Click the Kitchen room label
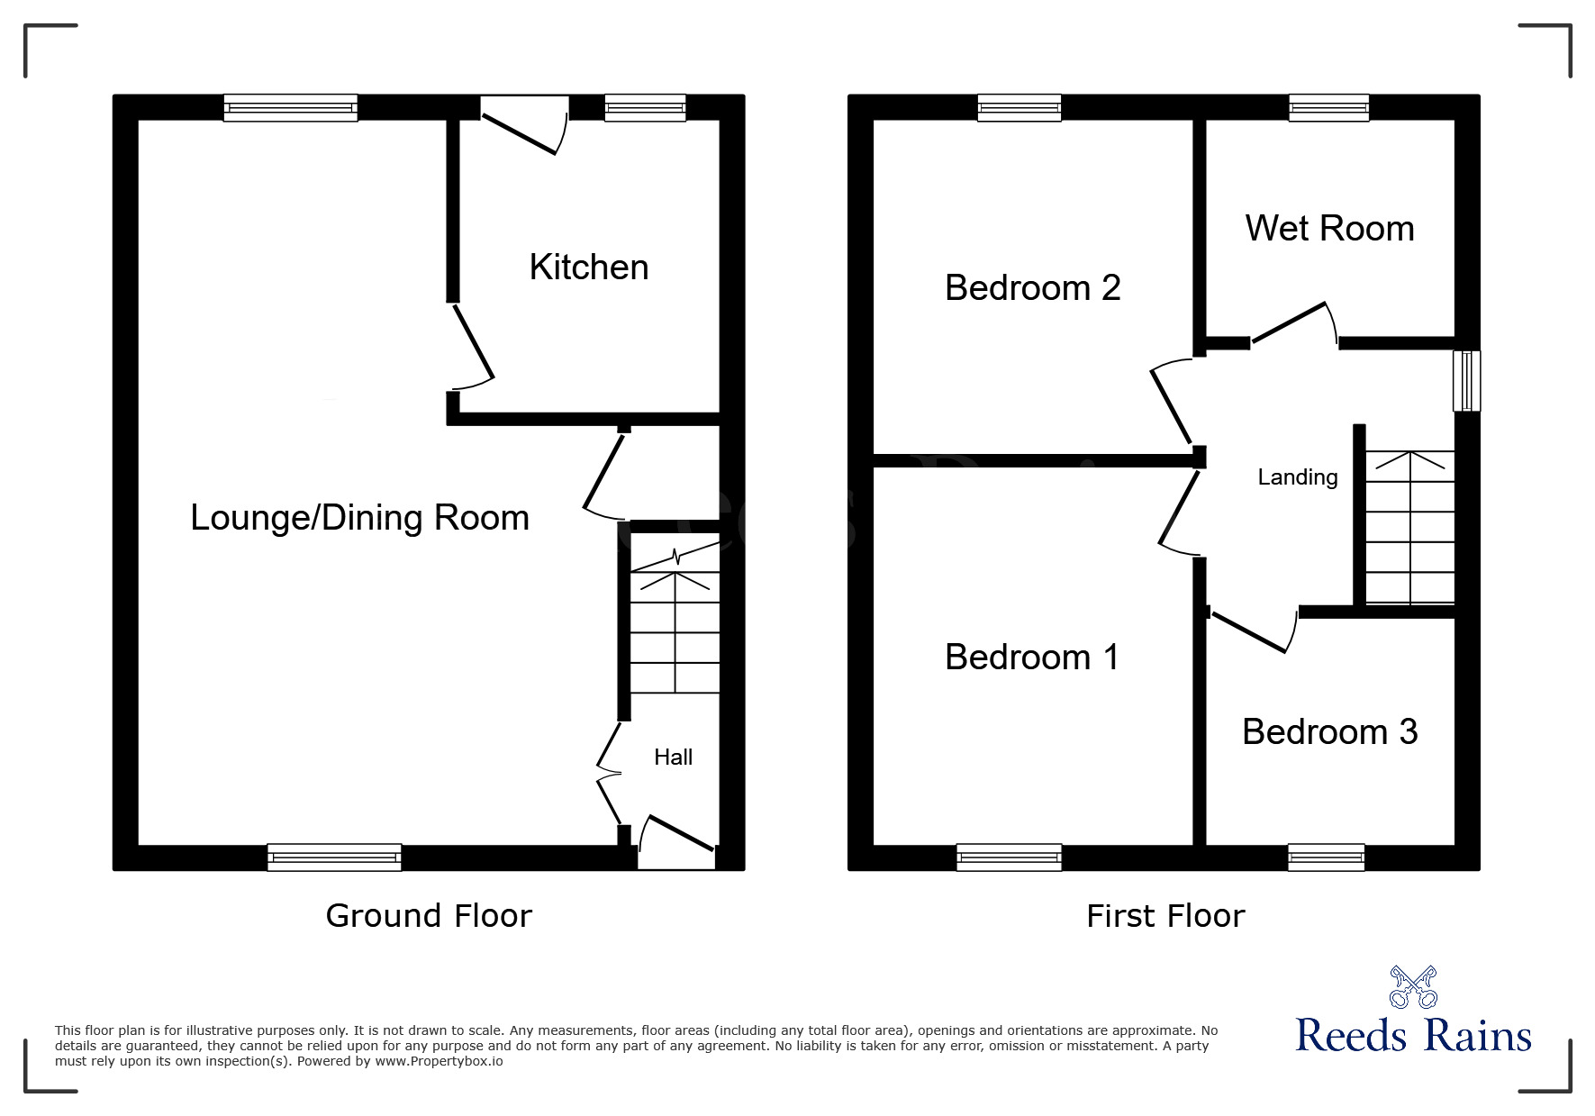click(x=588, y=268)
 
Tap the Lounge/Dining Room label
click(x=359, y=518)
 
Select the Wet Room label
click(x=1329, y=229)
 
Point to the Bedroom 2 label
click(x=1032, y=288)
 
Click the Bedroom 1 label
click(x=1032, y=658)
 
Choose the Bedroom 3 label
click(x=1329, y=731)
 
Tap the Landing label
click(x=1297, y=477)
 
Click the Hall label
click(x=673, y=758)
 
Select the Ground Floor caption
click(x=429, y=916)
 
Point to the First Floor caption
click(x=1165, y=916)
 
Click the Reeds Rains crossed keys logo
click(x=1413, y=987)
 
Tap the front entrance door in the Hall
click(x=678, y=834)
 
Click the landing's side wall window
click(x=1467, y=381)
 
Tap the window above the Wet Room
click(x=1328, y=108)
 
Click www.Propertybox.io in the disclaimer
click(x=439, y=1061)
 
